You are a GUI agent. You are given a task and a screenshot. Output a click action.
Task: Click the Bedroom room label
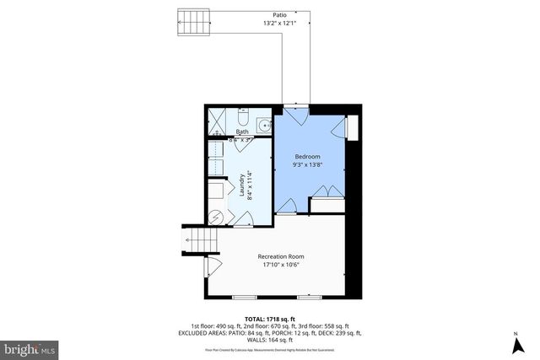tap(306, 157)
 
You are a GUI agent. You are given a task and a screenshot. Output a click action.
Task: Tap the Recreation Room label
tap(280, 256)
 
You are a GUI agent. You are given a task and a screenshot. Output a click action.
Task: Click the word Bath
tap(242, 132)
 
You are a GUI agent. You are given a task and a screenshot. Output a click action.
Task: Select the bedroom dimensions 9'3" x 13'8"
tap(306, 166)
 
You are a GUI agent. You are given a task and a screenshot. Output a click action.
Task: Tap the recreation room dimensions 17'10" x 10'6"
tap(280, 265)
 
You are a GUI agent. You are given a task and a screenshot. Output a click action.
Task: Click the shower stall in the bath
tap(219, 121)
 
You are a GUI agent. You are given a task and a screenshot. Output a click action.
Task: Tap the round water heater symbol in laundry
tap(217, 217)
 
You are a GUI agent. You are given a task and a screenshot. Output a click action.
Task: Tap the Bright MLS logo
tap(30, 347)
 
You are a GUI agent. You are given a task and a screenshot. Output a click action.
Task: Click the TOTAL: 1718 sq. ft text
tap(269, 318)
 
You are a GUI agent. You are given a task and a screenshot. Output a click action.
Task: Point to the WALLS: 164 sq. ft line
tap(269, 340)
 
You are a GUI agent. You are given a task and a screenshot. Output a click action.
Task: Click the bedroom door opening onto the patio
tap(289, 110)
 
